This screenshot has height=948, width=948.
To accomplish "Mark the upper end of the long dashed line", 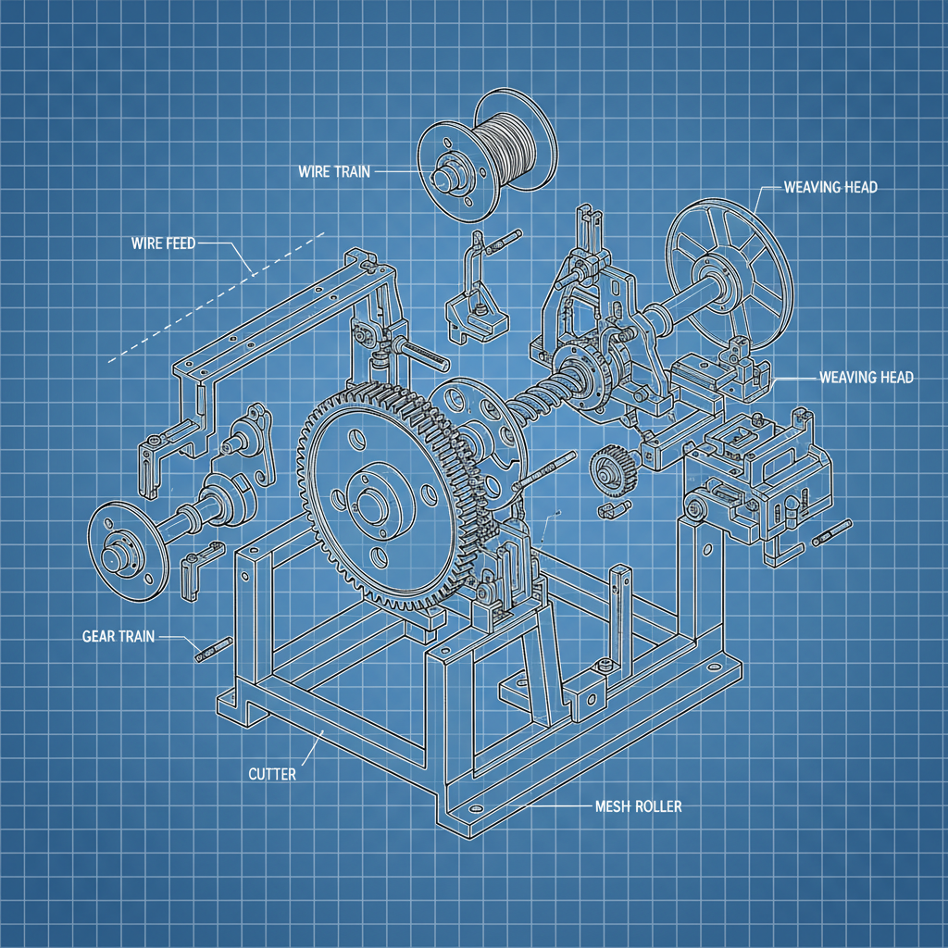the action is click(325, 232).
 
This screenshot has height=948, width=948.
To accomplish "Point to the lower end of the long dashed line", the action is click(109, 363).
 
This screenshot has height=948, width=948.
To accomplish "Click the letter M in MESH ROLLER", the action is click(601, 806).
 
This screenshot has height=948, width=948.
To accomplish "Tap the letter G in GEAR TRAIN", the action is click(87, 636).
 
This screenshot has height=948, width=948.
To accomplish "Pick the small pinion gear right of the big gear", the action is click(613, 467).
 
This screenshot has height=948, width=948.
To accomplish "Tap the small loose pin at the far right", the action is click(832, 532).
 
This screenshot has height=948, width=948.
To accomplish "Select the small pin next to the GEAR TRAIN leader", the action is click(214, 649).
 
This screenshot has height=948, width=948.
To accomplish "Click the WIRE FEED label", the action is click(163, 243).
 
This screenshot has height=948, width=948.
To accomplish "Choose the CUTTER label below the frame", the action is click(272, 774).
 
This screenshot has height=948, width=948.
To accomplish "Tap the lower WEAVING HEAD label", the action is click(866, 378).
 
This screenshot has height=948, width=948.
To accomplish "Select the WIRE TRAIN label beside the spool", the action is click(334, 171).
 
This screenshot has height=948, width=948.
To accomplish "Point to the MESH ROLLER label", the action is click(639, 806).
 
